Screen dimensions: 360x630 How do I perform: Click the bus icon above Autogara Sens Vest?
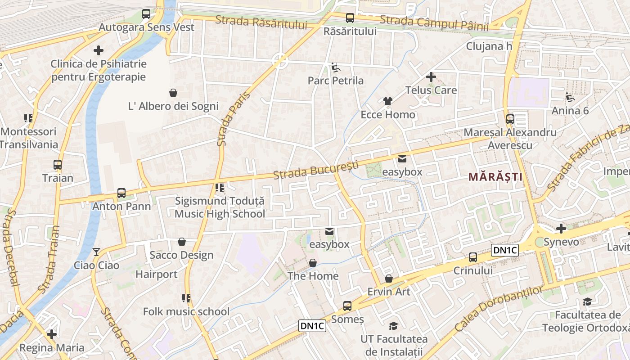click(146, 14)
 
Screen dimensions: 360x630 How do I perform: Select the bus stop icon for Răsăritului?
click(350, 18)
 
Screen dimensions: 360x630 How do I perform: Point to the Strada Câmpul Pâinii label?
click(434, 23)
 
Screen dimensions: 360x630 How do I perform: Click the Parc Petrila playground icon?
click(336, 67)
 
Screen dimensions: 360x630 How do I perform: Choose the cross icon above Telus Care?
click(431, 77)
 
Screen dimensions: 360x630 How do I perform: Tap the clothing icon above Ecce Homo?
click(388, 101)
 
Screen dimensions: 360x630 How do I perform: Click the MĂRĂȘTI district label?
click(495, 177)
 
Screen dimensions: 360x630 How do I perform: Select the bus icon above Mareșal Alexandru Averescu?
click(510, 119)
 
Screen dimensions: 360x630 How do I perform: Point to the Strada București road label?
click(319, 170)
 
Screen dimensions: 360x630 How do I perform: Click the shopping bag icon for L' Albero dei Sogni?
click(173, 93)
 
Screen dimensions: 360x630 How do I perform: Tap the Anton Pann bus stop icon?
click(121, 193)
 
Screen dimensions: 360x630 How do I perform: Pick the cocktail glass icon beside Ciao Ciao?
click(96, 252)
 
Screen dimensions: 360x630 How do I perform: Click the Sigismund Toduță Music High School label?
click(220, 207)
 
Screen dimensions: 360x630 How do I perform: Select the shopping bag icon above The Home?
click(313, 263)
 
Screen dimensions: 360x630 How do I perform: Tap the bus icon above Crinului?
click(472, 257)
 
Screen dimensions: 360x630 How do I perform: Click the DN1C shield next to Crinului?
click(505, 251)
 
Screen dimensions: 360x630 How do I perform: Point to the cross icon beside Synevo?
click(561, 229)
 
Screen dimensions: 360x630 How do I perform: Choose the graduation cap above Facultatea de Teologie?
click(587, 301)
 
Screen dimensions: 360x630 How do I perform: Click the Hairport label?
click(157, 274)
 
